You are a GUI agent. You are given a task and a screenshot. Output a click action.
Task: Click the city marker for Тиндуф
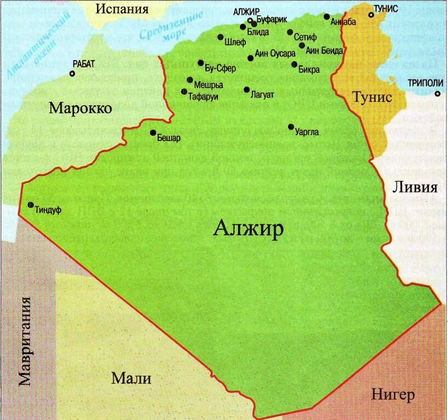(30, 205)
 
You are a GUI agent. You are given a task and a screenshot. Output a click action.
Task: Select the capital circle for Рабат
(72, 73)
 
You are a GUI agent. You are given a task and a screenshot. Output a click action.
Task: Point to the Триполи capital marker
(437, 94)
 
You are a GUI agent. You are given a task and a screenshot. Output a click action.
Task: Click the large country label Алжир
(249, 228)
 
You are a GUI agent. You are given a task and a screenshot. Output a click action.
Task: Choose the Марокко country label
(81, 108)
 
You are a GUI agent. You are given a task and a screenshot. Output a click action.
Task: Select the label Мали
(131, 378)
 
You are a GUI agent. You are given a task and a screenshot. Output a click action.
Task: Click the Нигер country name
(393, 394)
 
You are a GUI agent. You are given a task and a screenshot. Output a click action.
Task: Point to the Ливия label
(415, 188)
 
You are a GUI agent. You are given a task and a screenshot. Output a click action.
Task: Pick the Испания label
(122, 9)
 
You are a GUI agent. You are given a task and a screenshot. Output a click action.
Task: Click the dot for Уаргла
(291, 127)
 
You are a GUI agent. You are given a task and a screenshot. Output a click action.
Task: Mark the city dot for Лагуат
(246, 90)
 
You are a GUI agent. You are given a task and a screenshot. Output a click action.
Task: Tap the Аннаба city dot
(326, 16)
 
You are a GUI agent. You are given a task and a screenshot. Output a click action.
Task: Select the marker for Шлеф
(220, 37)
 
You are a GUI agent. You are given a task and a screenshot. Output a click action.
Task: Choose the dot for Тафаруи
(184, 91)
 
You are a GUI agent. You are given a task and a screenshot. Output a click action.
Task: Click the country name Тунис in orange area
(372, 97)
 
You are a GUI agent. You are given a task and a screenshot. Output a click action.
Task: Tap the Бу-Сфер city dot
(200, 63)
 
